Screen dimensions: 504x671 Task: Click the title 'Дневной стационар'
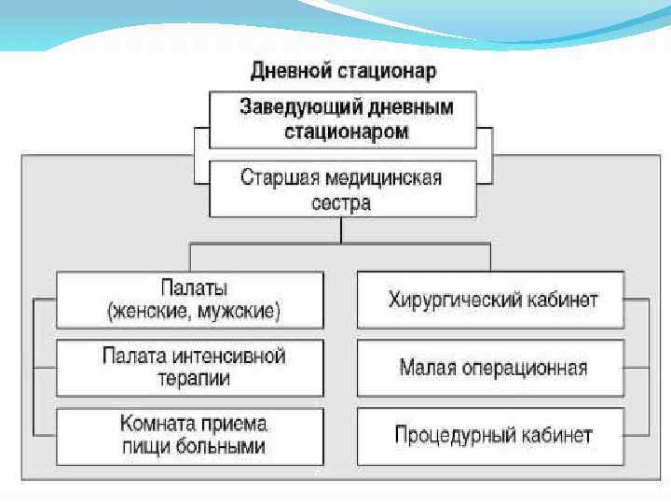[x=343, y=71]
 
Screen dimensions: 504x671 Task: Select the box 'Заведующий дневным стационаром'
[x=343, y=119]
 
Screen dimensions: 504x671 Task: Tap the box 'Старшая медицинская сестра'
[x=343, y=189]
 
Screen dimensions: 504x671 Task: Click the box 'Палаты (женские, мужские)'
[x=191, y=300]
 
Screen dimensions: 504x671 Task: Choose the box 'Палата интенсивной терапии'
[x=191, y=367]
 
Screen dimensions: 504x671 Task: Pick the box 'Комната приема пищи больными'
[x=191, y=435]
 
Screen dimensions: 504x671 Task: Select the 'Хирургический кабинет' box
[x=491, y=300]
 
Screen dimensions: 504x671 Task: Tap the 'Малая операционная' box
[x=491, y=367]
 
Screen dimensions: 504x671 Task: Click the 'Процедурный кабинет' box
[x=491, y=435]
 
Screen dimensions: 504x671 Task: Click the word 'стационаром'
[x=346, y=131]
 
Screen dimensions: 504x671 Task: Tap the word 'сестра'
[x=342, y=202]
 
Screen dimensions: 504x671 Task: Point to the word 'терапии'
[x=193, y=379]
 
